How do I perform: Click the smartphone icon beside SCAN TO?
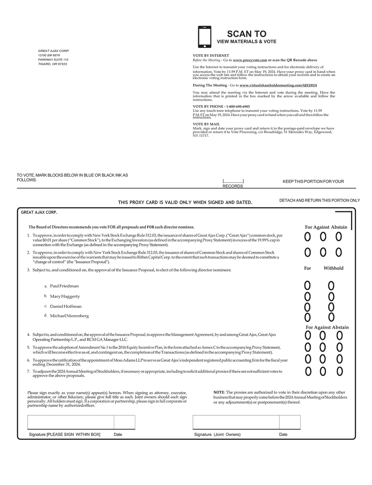tap(204, 37)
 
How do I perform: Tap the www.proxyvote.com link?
tap(250, 60)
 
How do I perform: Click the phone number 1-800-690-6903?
tap(238, 106)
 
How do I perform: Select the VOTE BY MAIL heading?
tap(206, 124)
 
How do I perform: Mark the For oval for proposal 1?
tap(307, 237)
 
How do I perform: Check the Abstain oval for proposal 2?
tap(339, 252)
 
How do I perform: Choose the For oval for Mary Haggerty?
tap(307, 297)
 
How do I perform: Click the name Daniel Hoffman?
tap(66, 306)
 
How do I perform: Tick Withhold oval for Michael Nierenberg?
tap(331, 317)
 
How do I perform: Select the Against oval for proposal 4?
tap(322, 335)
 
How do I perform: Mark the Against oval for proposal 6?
tap(322, 359)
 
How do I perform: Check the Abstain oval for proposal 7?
tap(340, 372)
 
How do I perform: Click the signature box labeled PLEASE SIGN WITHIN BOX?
tap(71, 422)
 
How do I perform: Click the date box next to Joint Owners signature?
tap(290, 422)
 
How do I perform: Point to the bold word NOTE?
tap(219, 392)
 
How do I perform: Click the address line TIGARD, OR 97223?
tap(52, 64)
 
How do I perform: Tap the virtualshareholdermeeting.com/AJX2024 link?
tap(278, 85)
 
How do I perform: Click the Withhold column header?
tap(333, 268)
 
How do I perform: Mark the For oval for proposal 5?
tap(308, 348)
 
